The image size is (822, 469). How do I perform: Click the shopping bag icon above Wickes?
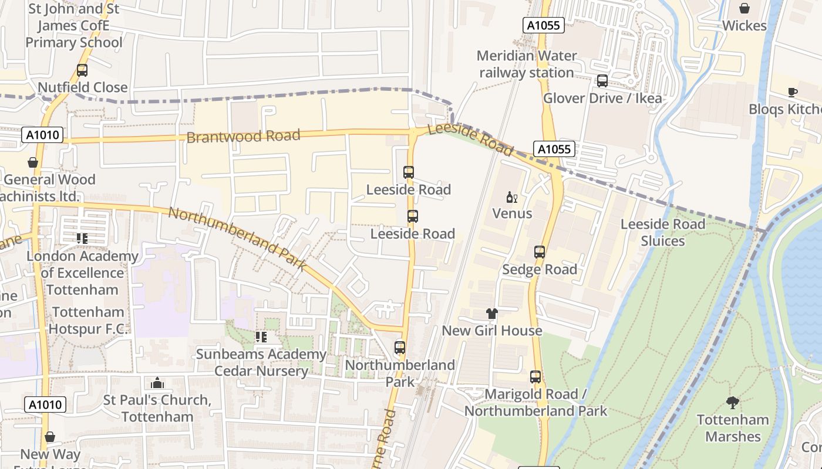coord(744,8)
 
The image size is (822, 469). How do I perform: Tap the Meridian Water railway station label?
coord(527,64)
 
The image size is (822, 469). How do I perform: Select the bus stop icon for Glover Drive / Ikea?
coord(602,81)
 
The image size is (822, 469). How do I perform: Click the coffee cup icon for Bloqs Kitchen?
coord(792,92)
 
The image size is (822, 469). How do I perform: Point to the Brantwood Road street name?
coord(243,137)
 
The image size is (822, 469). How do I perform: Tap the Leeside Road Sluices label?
coord(662,233)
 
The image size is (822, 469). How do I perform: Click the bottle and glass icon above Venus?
coord(512,197)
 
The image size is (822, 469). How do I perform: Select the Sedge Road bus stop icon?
coord(539,252)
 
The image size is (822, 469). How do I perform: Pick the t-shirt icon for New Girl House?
coord(491,314)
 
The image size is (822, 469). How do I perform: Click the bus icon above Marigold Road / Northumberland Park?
coord(535,377)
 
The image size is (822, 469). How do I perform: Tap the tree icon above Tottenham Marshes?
coord(732,403)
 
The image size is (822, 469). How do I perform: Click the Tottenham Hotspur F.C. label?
coord(88,321)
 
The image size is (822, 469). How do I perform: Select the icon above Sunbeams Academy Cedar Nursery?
coord(261,337)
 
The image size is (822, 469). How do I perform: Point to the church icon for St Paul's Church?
coord(157,383)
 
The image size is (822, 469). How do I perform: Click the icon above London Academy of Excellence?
coord(82,239)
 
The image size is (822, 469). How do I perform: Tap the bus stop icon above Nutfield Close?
coord(82,70)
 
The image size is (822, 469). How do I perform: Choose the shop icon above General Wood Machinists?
coord(33,162)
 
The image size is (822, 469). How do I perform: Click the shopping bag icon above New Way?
coord(50,437)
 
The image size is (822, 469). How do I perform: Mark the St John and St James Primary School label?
coord(74,26)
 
